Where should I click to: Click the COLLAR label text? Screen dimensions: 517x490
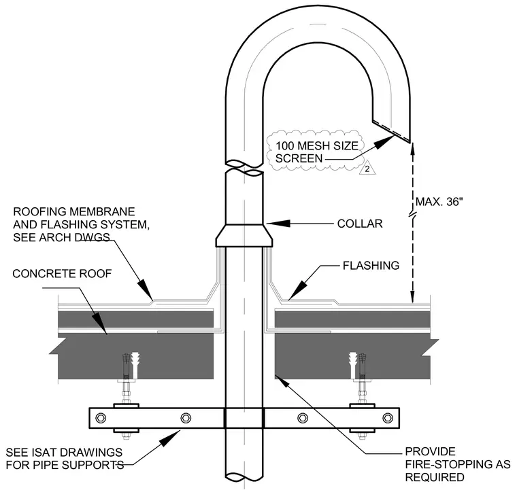point(360,224)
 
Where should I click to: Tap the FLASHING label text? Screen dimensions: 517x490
point(371,266)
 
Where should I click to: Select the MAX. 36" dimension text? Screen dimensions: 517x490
point(439,202)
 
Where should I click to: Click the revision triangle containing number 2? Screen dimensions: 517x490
point(367,169)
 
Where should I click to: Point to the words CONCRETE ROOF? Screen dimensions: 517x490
point(62,273)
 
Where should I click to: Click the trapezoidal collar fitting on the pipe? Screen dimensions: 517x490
point(244,236)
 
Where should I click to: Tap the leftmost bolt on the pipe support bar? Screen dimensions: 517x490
point(101,418)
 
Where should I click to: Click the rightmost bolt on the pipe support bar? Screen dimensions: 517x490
point(388,418)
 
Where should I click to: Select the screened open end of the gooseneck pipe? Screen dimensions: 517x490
point(391,131)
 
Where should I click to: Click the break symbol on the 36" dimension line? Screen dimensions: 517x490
point(412,215)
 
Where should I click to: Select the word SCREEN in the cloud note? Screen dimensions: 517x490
point(299,158)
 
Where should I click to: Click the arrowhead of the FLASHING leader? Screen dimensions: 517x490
point(297,291)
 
